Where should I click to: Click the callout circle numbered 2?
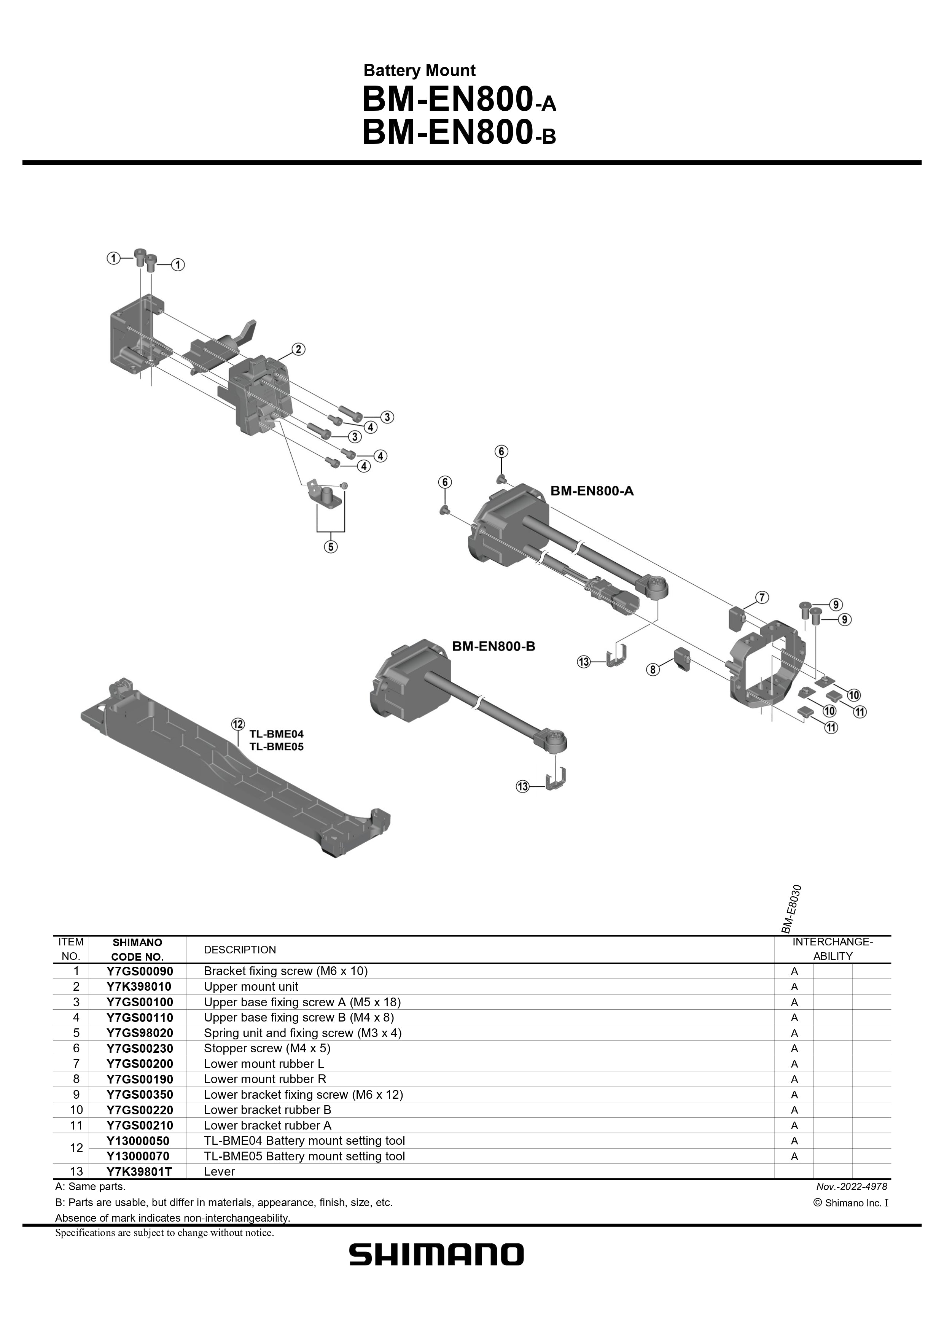click(298, 350)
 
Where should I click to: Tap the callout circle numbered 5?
click(330, 547)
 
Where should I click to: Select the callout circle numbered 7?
click(762, 597)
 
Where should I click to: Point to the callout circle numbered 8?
click(653, 670)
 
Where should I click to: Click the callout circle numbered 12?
click(238, 724)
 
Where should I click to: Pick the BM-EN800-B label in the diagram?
click(493, 646)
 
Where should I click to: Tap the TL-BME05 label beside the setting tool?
click(276, 746)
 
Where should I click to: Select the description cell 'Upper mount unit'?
click(251, 987)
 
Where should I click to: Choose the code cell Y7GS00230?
click(140, 1049)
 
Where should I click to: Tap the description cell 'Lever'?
click(219, 1172)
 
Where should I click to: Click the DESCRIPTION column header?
click(240, 950)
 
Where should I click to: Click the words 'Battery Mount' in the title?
click(419, 71)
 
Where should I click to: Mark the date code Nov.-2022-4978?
click(852, 1187)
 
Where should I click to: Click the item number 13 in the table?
click(76, 1172)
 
